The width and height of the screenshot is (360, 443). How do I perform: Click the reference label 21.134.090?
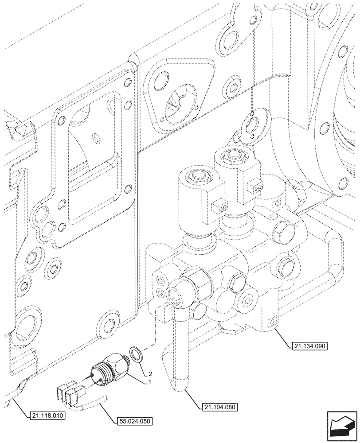pyautogui.click(x=309, y=346)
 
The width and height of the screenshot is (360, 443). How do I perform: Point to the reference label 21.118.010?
pyautogui.click(x=47, y=415)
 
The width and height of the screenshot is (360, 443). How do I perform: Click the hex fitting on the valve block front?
pyautogui.click(x=195, y=280)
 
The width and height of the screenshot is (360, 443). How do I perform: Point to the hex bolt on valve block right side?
pyautogui.click(x=284, y=267)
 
